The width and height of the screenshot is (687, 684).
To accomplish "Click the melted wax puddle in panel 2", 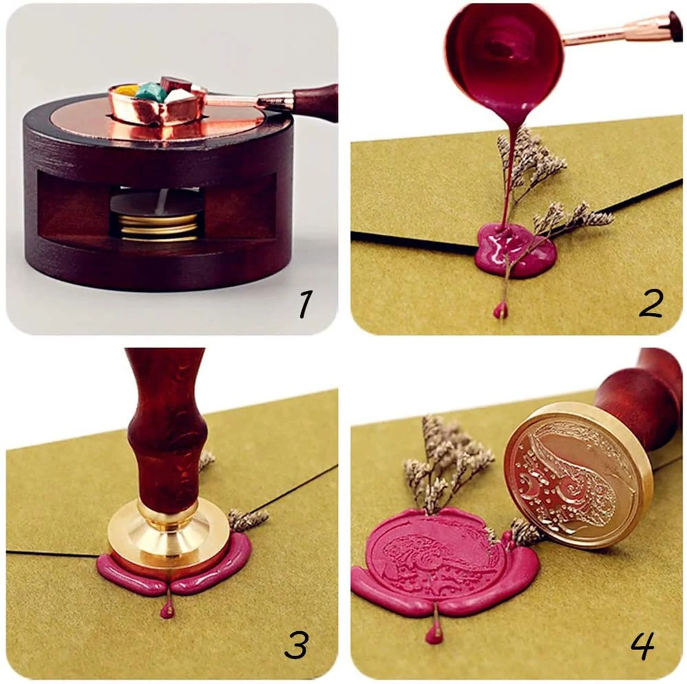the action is tap(515, 251).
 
